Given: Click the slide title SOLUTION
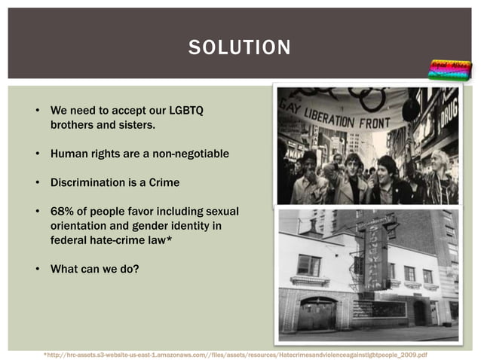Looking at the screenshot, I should (240, 49).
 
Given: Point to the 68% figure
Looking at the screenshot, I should (63, 211).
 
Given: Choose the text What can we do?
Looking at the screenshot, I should (94, 268).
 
